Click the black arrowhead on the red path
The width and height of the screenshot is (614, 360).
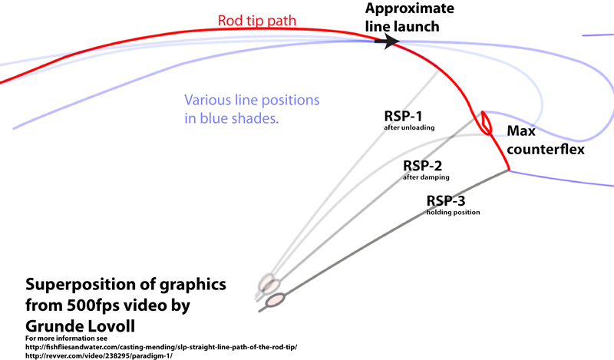point(391,41)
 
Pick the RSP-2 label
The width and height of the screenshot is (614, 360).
point(422,165)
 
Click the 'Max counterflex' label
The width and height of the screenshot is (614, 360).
point(541,140)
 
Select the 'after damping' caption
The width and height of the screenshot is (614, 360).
point(426,177)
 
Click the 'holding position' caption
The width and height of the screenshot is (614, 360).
point(454,212)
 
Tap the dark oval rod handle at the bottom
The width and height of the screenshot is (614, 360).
point(274,300)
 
